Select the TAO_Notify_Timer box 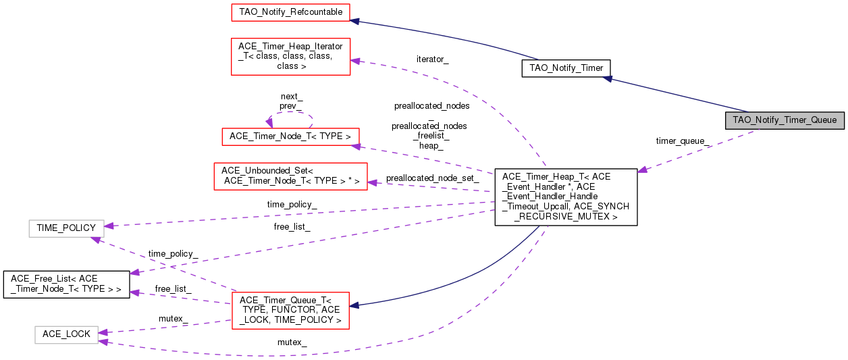click(x=566, y=68)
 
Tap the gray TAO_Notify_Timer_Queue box click(x=785, y=120)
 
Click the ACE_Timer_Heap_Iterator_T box click(x=290, y=56)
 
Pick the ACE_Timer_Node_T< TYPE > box click(x=290, y=136)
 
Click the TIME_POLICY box click(x=66, y=228)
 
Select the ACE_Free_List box click(x=65, y=284)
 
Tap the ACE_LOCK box click(x=66, y=334)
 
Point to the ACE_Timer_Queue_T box click(x=290, y=310)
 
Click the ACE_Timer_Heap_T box click(x=566, y=197)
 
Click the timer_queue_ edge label click(x=682, y=141)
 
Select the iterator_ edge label click(x=432, y=59)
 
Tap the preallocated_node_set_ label click(x=432, y=178)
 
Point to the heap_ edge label click(x=431, y=145)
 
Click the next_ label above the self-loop click(x=291, y=97)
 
